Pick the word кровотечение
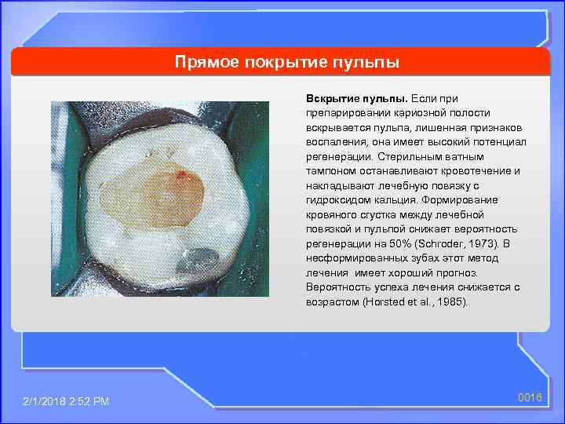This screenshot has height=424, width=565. pyautogui.click(x=473, y=170)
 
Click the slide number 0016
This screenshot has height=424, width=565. pyautogui.click(x=530, y=398)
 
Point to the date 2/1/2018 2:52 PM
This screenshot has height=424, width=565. pyautogui.click(x=66, y=401)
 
